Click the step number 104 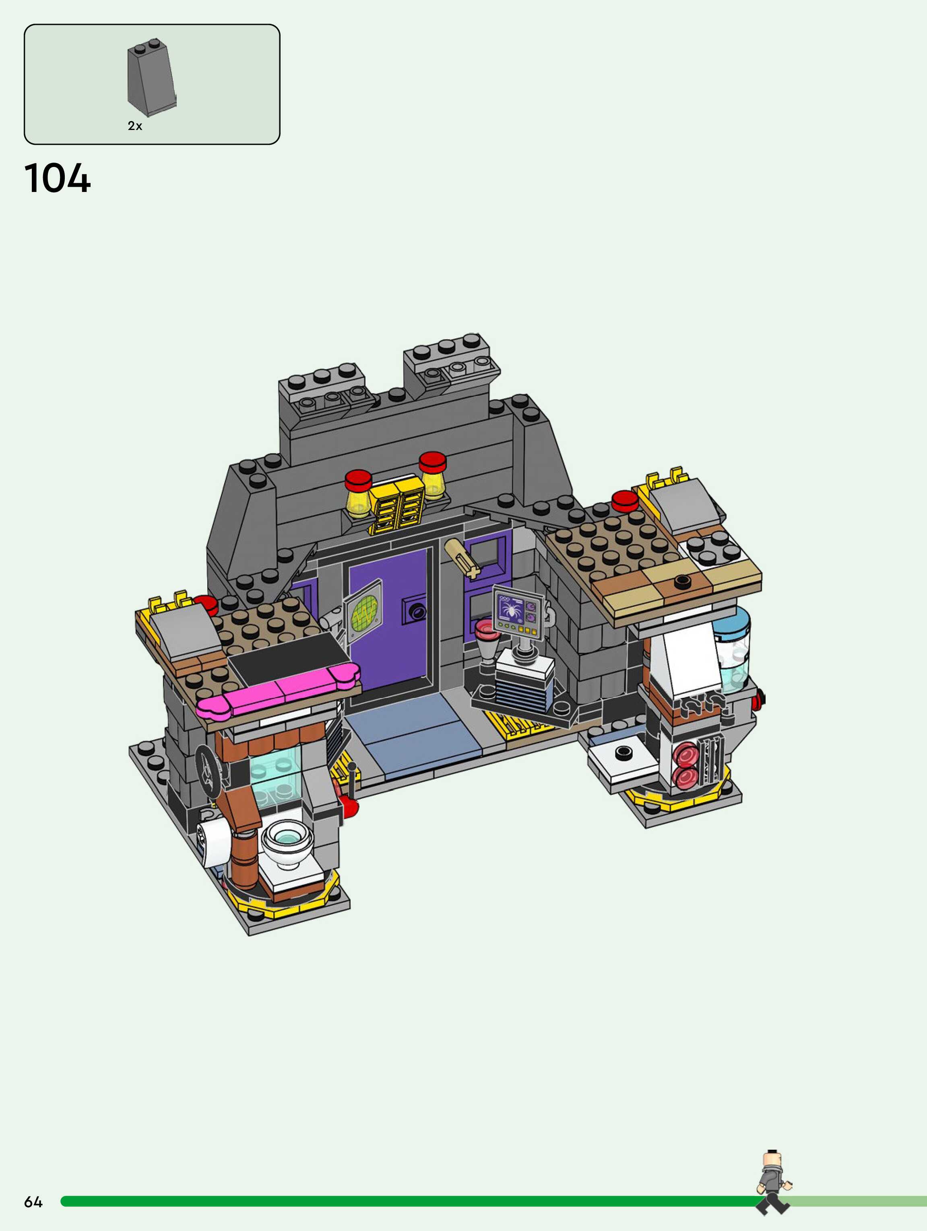[x=57, y=179]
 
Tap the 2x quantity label [x=135, y=126]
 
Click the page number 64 [x=33, y=1202]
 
